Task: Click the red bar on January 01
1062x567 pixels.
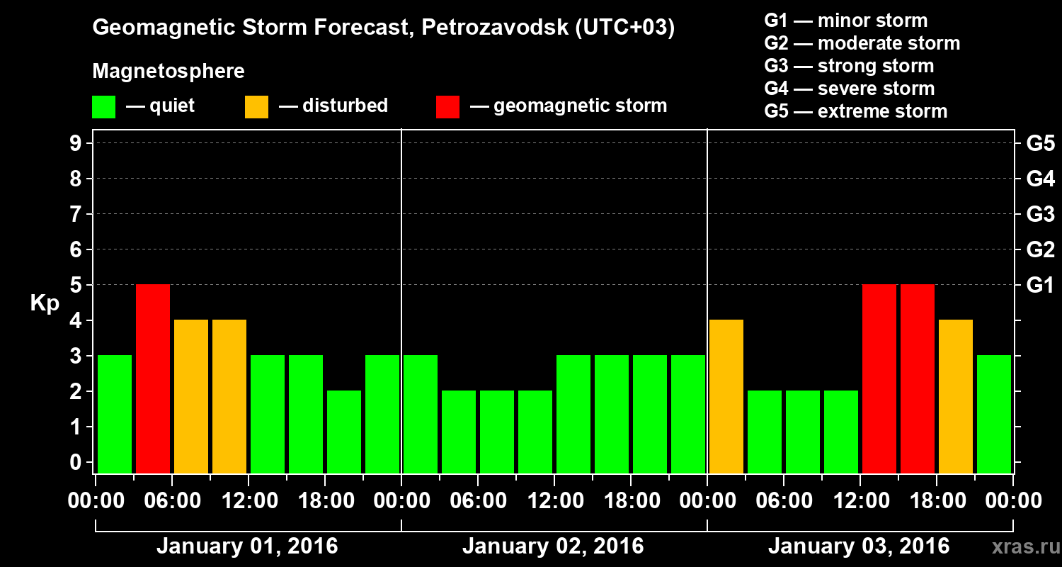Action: click(153, 378)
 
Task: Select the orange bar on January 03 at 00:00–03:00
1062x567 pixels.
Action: click(726, 396)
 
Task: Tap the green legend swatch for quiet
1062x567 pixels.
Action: click(103, 106)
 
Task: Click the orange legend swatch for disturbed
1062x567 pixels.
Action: click(256, 106)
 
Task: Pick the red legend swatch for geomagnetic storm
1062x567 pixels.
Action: click(447, 106)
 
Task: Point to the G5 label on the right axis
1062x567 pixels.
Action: click(1040, 144)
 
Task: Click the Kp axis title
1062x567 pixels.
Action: click(45, 303)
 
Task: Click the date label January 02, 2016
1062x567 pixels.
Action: click(553, 546)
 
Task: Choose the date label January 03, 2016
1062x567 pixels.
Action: click(859, 546)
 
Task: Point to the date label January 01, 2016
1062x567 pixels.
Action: click(247, 546)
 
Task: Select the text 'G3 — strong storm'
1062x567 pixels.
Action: click(849, 66)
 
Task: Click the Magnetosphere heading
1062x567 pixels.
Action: click(169, 72)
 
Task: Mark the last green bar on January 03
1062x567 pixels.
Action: click(994, 414)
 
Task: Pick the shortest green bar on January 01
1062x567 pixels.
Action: click(344, 432)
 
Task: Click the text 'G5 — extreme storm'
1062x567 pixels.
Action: click(855, 111)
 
